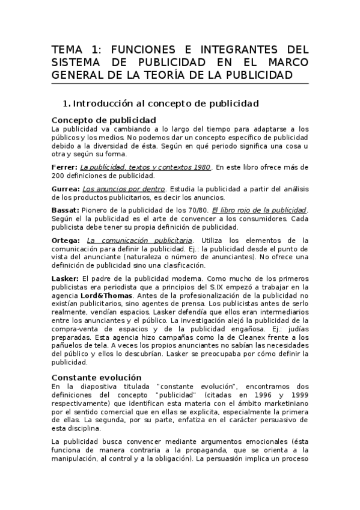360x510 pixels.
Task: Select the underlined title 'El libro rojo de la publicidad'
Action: pyautogui.click(x=255, y=210)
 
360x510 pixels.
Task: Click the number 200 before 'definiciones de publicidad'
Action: pyautogui.click(x=58, y=176)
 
